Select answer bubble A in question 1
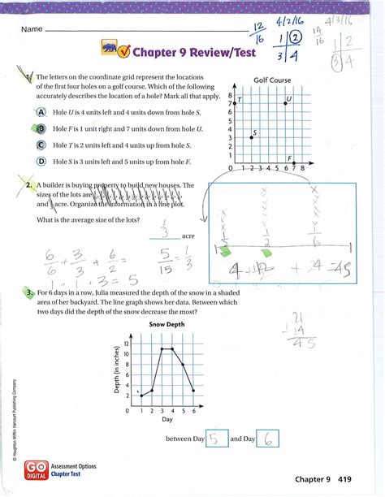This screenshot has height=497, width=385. [x=40, y=110]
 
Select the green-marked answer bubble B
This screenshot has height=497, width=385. [x=40, y=127]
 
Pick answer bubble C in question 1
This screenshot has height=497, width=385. [x=40, y=145]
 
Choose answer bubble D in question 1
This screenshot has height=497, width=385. [x=40, y=161]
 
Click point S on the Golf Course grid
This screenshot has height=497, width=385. [x=252, y=137]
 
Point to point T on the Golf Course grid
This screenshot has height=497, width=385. [x=238, y=103]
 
